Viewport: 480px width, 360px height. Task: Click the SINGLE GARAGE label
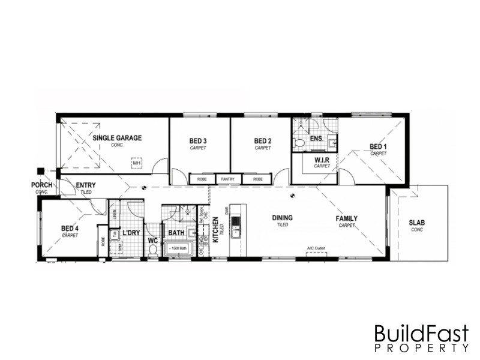pos(117,138)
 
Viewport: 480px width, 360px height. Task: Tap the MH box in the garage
pos(137,162)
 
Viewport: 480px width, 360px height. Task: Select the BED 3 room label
pos(198,141)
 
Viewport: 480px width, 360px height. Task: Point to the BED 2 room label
pos(262,141)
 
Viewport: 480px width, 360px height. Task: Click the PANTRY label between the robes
pos(227,179)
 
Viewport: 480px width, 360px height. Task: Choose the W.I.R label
pos(322,160)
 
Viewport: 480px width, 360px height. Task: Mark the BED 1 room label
pos(378,146)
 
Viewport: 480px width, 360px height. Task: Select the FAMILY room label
pos(346,218)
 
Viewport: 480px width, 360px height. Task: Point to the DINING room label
pos(282,218)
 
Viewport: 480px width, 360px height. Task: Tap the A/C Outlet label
pos(316,248)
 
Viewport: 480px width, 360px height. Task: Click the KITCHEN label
pos(216,231)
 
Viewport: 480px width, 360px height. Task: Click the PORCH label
pos(42,185)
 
